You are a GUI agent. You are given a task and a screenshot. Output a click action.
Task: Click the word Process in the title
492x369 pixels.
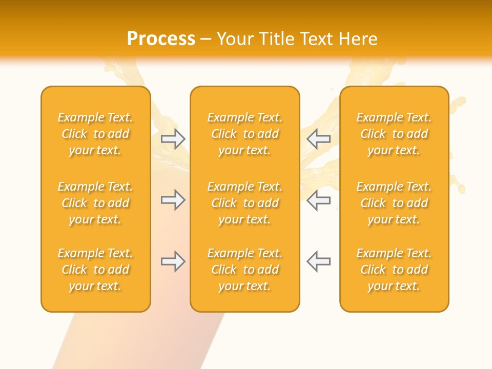point(161,39)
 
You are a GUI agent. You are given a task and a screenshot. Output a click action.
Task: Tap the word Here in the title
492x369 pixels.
point(358,39)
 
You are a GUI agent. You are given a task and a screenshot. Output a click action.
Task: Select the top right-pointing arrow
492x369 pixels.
point(173,139)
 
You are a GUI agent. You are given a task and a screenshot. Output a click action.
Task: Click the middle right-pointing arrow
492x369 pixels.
point(173,200)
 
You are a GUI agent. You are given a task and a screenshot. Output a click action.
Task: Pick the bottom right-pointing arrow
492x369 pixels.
point(173,261)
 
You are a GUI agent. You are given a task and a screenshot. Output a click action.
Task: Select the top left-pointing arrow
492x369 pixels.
point(318,139)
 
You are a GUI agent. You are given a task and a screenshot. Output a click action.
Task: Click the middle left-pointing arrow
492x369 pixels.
point(318,200)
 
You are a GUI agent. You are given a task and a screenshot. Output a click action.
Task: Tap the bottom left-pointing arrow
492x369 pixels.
point(318,261)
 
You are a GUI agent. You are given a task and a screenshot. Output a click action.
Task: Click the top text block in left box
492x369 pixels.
point(95,134)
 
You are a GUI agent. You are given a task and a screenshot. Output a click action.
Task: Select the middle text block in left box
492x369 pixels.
point(95,203)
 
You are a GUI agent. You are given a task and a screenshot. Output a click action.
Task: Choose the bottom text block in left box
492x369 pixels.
point(95,270)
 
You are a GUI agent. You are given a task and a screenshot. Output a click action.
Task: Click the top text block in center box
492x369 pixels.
point(244,134)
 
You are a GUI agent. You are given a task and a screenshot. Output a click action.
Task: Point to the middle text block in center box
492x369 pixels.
point(244,203)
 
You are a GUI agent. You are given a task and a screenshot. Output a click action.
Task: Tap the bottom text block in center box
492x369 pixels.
point(244,270)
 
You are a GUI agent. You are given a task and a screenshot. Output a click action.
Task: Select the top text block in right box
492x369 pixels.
point(394,134)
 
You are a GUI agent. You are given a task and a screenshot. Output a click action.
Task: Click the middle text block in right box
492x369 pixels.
point(394,203)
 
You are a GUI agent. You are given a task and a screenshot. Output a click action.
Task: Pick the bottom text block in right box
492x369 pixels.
point(394,270)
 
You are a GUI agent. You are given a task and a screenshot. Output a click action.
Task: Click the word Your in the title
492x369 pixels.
point(235,39)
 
